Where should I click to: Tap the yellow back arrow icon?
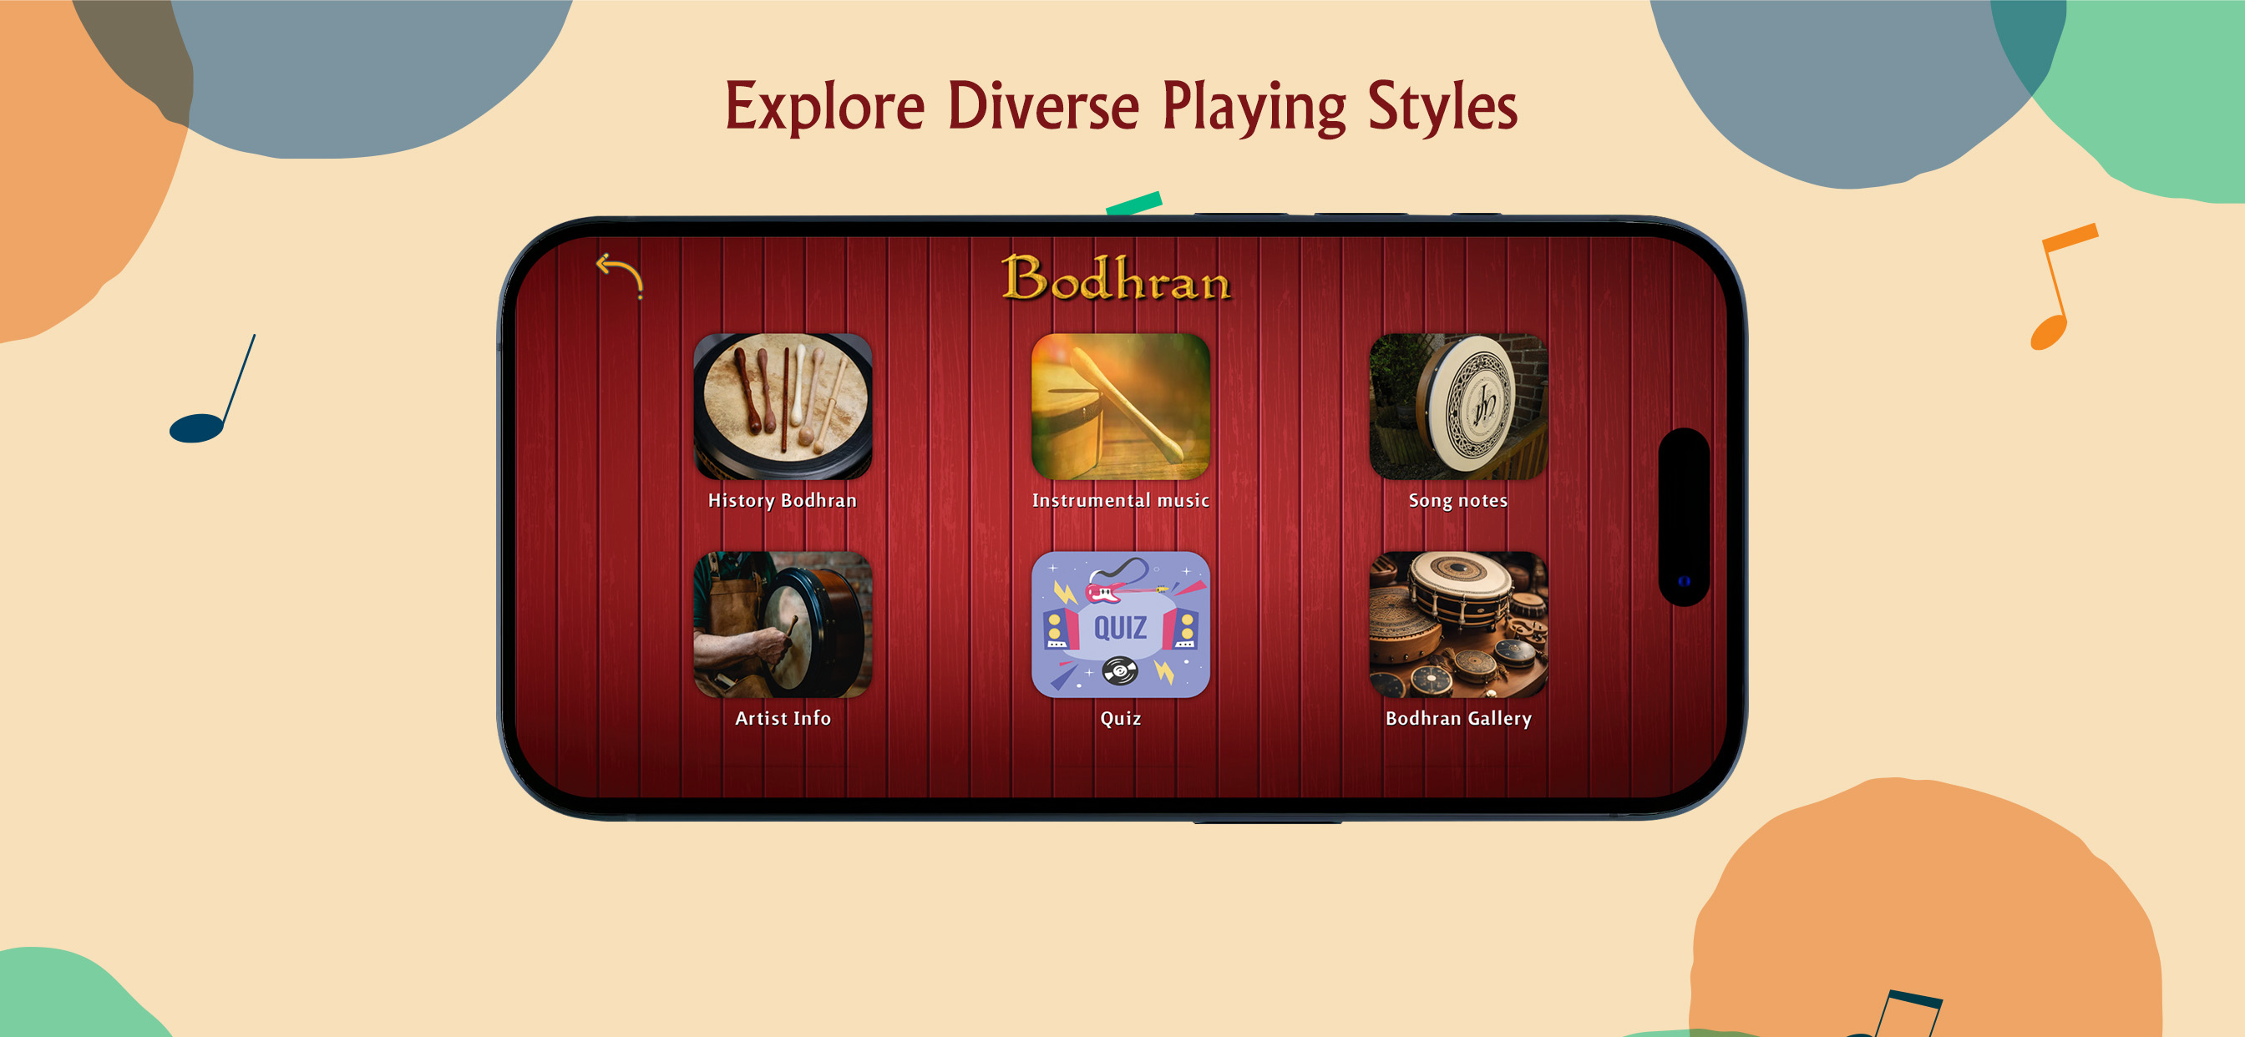(x=620, y=274)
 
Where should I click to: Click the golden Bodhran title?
(x=1117, y=278)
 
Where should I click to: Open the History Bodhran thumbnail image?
(x=783, y=406)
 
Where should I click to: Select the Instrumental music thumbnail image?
(x=1121, y=406)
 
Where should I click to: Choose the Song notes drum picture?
(x=1458, y=406)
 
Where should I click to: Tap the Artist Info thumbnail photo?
(x=783, y=624)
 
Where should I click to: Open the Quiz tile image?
(x=1121, y=624)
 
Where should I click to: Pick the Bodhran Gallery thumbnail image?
(x=1458, y=624)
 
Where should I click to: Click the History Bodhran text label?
(x=783, y=500)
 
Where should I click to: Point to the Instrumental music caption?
(x=1121, y=500)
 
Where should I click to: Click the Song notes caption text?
(x=1458, y=500)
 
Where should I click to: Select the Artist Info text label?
(x=783, y=718)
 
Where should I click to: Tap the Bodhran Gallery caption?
(x=1458, y=718)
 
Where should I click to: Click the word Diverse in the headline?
(x=1043, y=106)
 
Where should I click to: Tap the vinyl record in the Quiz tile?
(x=1120, y=671)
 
